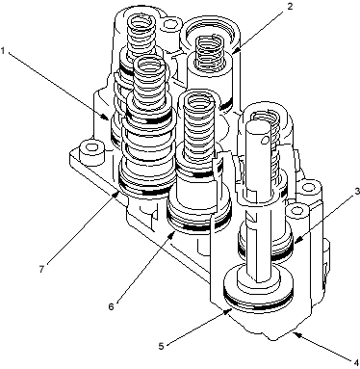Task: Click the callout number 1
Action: (x=3, y=50)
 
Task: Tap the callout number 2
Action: (x=290, y=7)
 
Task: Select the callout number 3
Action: (x=357, y=192)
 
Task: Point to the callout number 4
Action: (x=356, y=363)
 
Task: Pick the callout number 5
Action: (x=162, y=347)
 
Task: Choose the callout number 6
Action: (x=111, y=306)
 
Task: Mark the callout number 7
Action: (x=41, y=269)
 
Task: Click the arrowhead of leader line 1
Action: (x=106, y=118)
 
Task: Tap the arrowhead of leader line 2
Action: (x=236, y=50)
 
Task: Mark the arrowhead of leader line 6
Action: (x=172, y=233)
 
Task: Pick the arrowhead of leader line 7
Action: (x=117, y=192)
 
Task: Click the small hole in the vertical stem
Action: (x=265, y=140)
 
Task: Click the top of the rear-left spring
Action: (x=141, y=21)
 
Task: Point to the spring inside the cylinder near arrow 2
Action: (x=209, y=51)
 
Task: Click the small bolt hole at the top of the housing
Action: (x=170, y=24)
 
